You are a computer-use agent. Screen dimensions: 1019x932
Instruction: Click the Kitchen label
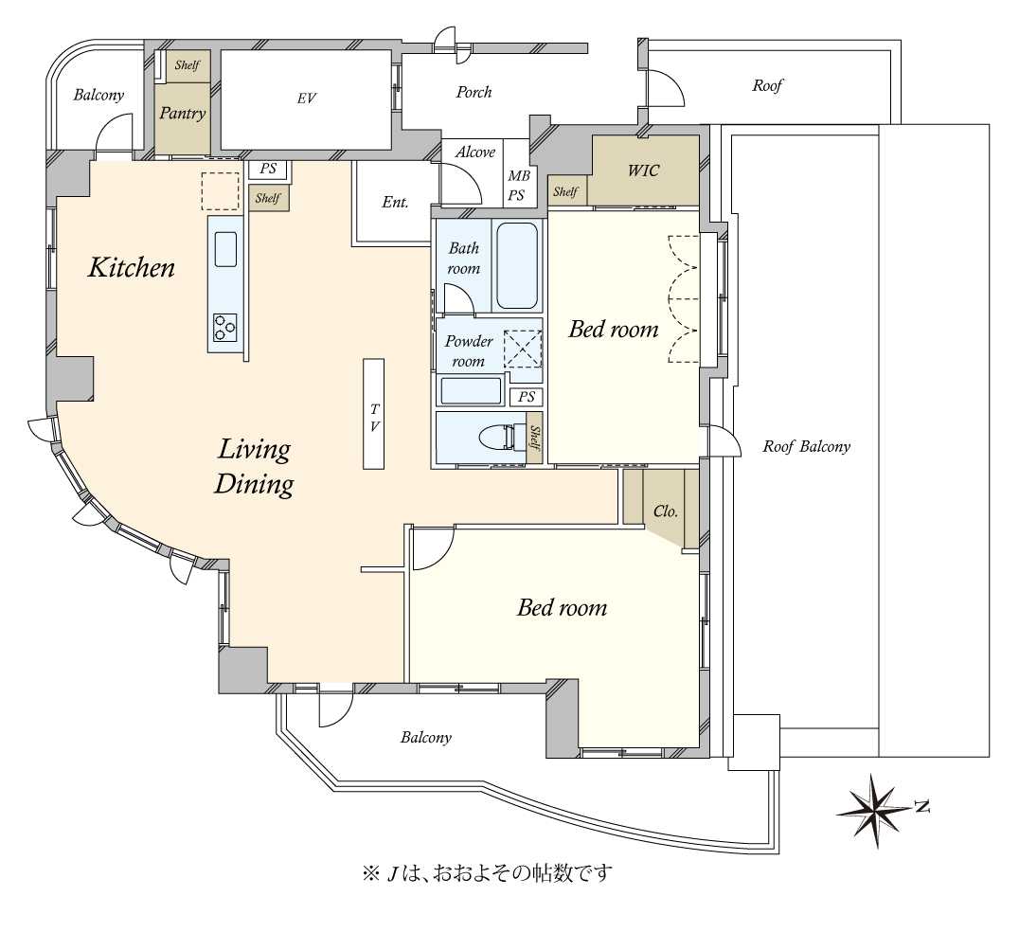(132, 268)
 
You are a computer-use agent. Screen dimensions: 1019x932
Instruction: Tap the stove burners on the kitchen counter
(225, 327)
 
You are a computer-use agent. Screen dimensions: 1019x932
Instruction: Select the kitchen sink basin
(225, 249)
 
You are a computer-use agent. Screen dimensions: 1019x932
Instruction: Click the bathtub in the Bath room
(517, 266)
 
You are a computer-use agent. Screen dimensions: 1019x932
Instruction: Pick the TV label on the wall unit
(374, 418)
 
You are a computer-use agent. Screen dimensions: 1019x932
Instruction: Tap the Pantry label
(183, 114)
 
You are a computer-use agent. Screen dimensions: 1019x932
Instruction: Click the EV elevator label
(307, 99)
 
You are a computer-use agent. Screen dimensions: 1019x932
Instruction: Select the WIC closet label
(643, 170)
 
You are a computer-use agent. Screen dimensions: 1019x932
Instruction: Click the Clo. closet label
(666, 511)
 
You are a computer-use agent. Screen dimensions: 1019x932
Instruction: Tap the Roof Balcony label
(807, 446)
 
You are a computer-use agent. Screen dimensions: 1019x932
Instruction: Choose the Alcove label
(475, 152)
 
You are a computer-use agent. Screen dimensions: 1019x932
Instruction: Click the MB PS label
(518, 186)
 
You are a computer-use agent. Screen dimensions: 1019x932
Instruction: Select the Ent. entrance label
(395, 202)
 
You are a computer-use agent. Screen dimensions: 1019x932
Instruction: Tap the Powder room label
(469, 351)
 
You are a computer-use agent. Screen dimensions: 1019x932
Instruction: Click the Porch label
(474, 92)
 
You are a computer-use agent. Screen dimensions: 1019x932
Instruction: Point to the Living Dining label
(254, 467)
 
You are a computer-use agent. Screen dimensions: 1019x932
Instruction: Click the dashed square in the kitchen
(221, 191)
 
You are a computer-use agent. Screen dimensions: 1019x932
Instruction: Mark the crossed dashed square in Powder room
(523, 349)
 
